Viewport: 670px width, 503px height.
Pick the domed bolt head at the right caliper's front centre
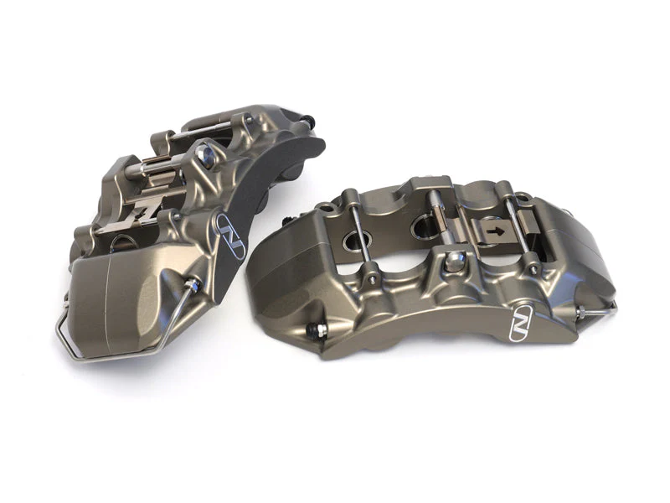click(x=455, y=262)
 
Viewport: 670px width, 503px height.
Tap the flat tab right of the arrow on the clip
click(x=526, y=223)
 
